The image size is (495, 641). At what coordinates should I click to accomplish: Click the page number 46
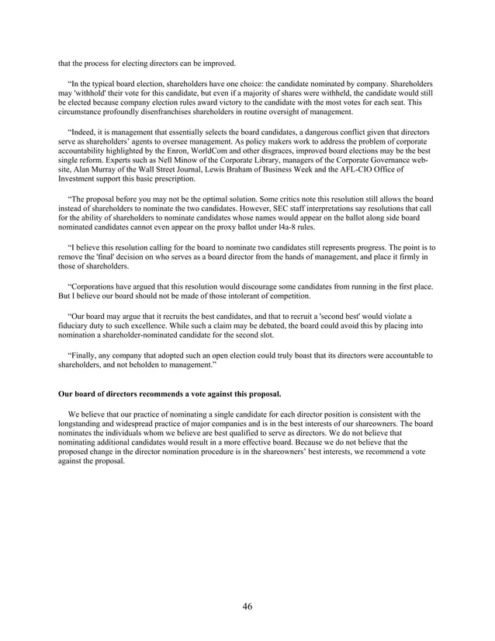click(x=247, y=606)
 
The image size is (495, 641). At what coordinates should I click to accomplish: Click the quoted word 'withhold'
click(x=81, y=92)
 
